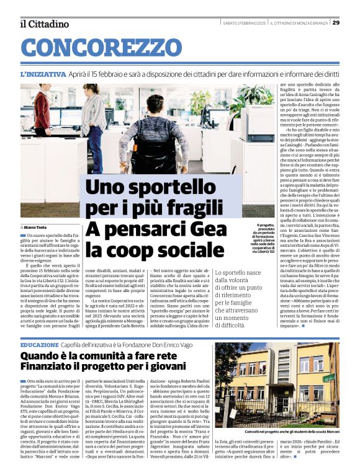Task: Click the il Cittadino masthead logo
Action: click(45, 24)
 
